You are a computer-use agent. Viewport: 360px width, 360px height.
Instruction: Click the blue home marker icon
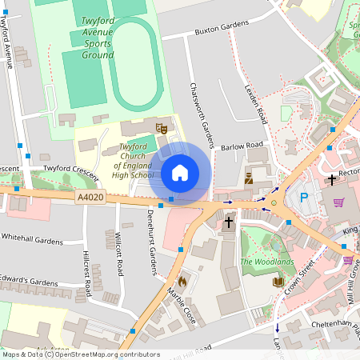coord(180,172)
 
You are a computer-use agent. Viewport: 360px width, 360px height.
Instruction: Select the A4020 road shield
coord(90,197)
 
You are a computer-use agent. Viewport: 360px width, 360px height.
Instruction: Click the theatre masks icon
coord(162,127)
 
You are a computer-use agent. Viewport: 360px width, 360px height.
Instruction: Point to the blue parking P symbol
coord(303,198)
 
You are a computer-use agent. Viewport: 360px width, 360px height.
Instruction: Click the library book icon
coord(278,282)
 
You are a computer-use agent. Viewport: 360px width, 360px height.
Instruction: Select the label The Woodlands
coord(267,262)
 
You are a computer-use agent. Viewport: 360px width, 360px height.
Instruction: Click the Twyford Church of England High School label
coord(133,161)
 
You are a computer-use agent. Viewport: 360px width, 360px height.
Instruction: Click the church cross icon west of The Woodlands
coord(229,221)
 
